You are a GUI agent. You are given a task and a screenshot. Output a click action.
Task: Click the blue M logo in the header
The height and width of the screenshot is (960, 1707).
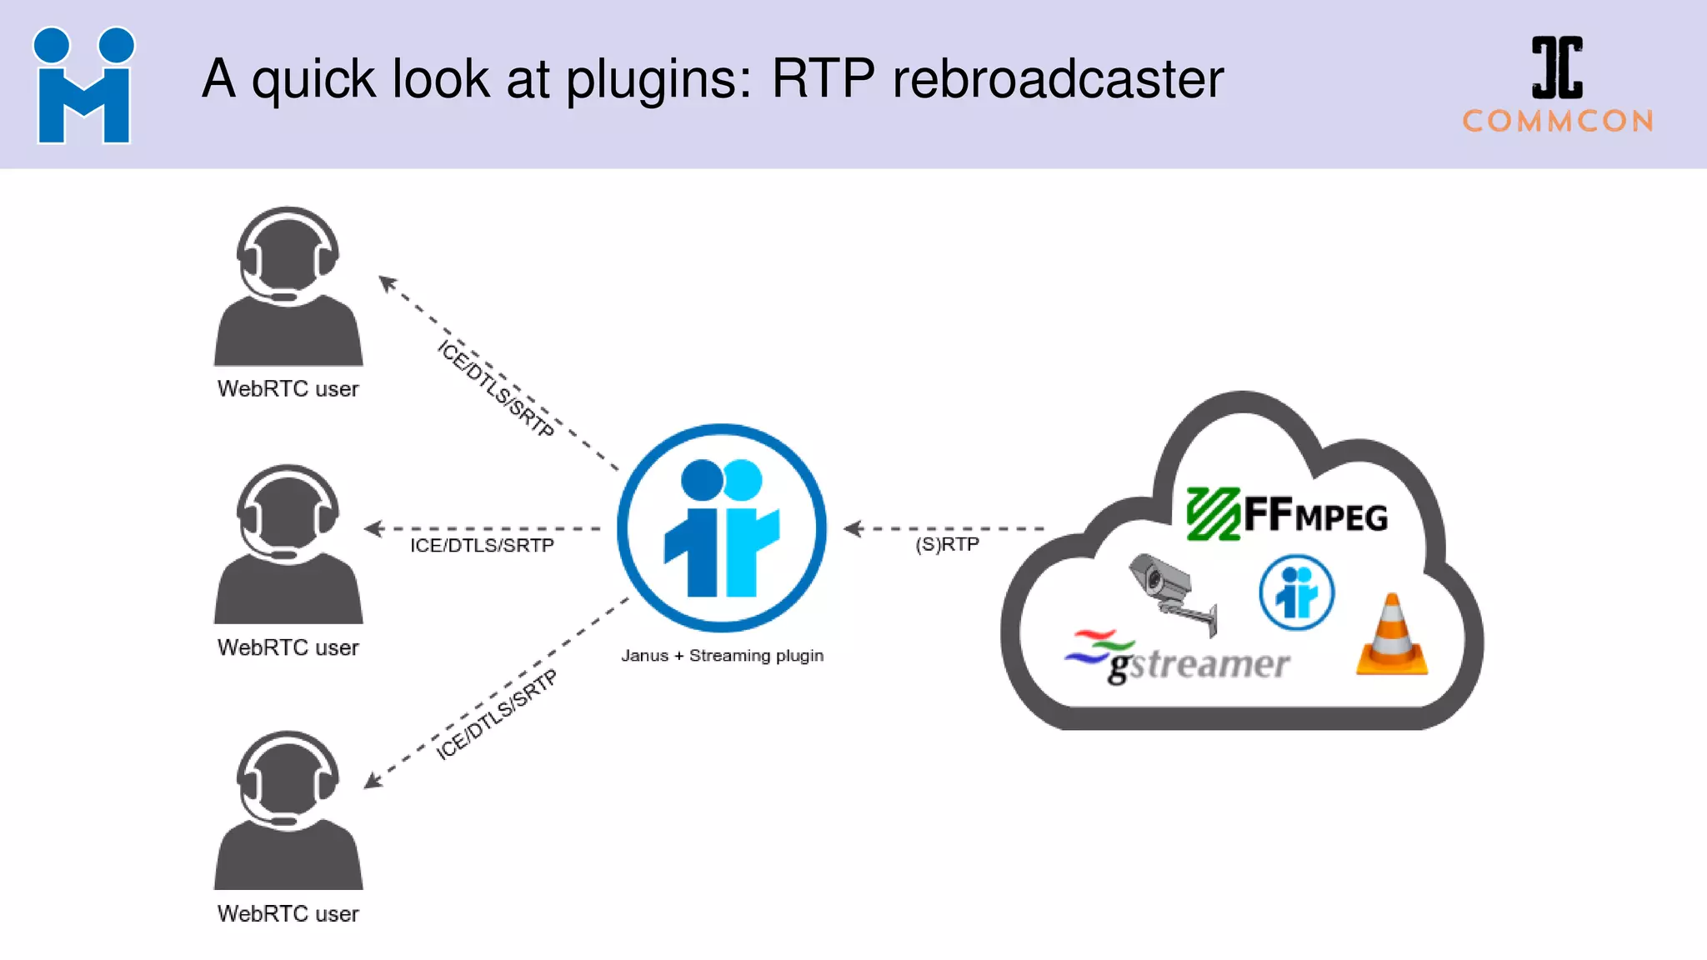click(83, 86)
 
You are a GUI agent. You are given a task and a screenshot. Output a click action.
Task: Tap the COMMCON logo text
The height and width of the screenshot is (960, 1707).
click(1558, 122)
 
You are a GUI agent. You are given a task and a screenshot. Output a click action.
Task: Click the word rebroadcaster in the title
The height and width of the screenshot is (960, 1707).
click(1058, 80)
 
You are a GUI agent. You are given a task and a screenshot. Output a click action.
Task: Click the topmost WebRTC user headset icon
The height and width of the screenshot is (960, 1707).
click(288, 287)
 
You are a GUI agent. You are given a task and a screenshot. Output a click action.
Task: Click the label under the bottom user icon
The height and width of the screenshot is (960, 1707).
click(288, 914)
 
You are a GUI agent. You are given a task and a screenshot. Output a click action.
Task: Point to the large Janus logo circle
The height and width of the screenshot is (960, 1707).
click(722, 528)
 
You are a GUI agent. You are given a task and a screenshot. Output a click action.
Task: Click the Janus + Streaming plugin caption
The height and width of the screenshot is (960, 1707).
click(722, 656)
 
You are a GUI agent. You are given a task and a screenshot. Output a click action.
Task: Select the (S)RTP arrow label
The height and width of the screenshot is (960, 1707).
click(947, 545)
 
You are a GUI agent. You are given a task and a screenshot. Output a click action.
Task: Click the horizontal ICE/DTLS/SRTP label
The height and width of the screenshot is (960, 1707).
click(482, 546)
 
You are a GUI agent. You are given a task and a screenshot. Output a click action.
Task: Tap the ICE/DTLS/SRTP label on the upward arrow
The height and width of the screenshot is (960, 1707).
click(496, 387)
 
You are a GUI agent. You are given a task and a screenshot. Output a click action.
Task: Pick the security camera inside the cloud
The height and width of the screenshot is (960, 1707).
click(1171, 591)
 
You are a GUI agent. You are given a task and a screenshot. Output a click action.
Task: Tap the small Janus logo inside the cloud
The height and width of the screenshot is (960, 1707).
click(1296, 592)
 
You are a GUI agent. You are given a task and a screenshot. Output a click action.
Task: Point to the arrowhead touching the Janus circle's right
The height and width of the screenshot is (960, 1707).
click(851, 528)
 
